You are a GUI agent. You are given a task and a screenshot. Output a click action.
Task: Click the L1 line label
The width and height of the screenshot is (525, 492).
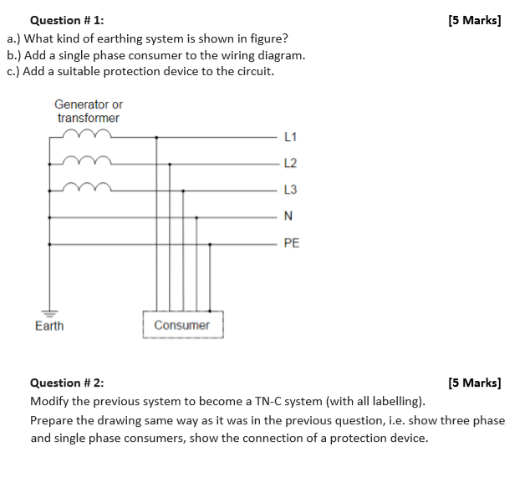[290, 137]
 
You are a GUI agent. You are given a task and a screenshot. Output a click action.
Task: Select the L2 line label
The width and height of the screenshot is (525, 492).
[290, 163]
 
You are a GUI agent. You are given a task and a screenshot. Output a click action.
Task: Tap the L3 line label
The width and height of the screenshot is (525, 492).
[290, 190]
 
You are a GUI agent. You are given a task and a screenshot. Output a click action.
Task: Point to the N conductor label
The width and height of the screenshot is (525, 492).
[288, 216]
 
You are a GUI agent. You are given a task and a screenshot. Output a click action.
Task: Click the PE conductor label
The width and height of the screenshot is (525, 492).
[292, 243]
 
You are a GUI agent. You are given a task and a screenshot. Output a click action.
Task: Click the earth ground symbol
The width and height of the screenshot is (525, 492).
[49, 314]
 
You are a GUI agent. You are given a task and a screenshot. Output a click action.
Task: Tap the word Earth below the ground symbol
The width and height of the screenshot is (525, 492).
[49, 326]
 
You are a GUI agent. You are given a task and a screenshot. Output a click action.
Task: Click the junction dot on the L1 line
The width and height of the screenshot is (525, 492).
[156, 138]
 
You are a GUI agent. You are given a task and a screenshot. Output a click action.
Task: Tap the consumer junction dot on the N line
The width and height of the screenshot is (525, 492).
[196, 218]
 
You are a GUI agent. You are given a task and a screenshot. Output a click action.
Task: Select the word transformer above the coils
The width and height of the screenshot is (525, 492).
[89, 118]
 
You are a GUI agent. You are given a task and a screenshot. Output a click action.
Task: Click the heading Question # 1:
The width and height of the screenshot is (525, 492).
[67, 20]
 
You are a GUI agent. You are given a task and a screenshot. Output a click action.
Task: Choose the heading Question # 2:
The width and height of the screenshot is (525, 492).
[67, 383]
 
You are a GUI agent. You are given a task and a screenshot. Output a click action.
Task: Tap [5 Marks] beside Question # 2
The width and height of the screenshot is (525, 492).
[475, 383]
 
